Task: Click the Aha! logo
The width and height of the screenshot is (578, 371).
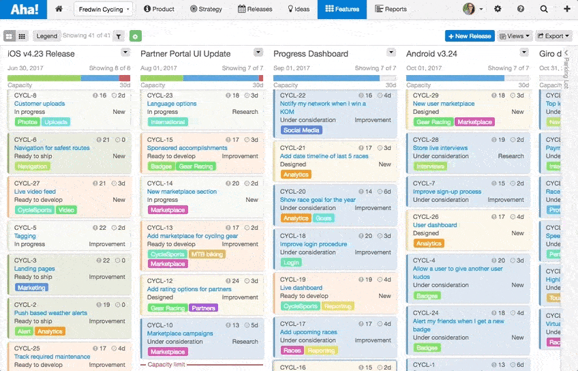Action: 25,10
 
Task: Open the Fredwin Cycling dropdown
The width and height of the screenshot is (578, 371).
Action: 103,10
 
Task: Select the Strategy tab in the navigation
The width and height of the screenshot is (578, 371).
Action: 206,10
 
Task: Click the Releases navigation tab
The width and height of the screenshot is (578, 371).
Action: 255,10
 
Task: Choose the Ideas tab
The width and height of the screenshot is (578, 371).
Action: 299,10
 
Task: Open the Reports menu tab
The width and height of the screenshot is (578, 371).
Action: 391,10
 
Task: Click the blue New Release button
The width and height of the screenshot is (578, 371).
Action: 469,36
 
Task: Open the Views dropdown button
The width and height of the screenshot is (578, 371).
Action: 515,36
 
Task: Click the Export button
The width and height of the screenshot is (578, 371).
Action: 553,36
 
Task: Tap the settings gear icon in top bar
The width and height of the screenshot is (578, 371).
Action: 498,10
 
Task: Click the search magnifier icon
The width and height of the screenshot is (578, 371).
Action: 543,10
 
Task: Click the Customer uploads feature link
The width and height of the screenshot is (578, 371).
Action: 40,104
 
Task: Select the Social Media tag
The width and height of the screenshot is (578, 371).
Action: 301,130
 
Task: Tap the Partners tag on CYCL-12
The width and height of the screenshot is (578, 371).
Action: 203,308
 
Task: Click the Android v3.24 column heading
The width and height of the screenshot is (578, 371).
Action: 431,54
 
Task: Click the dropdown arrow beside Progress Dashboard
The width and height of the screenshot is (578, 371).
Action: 391,53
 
